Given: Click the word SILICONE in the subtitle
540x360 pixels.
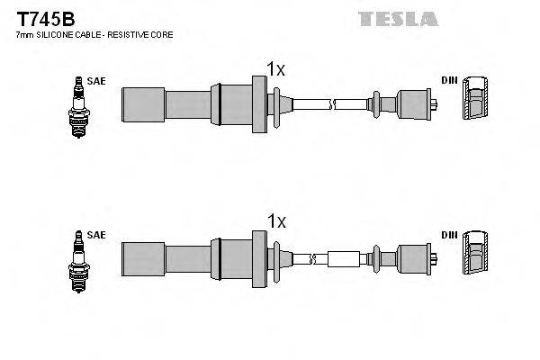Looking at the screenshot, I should click(x=59, y=34).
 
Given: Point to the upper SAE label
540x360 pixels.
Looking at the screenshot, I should click(x=97, y=81).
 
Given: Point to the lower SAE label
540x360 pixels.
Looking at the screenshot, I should click(x=97, y=235).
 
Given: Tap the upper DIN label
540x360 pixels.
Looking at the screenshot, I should click(x=448, y=81).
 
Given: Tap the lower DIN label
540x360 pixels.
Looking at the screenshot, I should click(x=448, y=235).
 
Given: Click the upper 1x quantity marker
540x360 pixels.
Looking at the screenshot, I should click(x=275, y=67).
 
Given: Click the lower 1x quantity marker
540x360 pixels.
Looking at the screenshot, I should click(x=275, y=220).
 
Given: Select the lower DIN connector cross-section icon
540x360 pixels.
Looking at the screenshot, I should click(x=476, y=254).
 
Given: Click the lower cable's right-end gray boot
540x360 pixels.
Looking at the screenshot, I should click(x=415, y=259).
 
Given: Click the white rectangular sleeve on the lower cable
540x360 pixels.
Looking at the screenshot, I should click(x=345, y=259).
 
